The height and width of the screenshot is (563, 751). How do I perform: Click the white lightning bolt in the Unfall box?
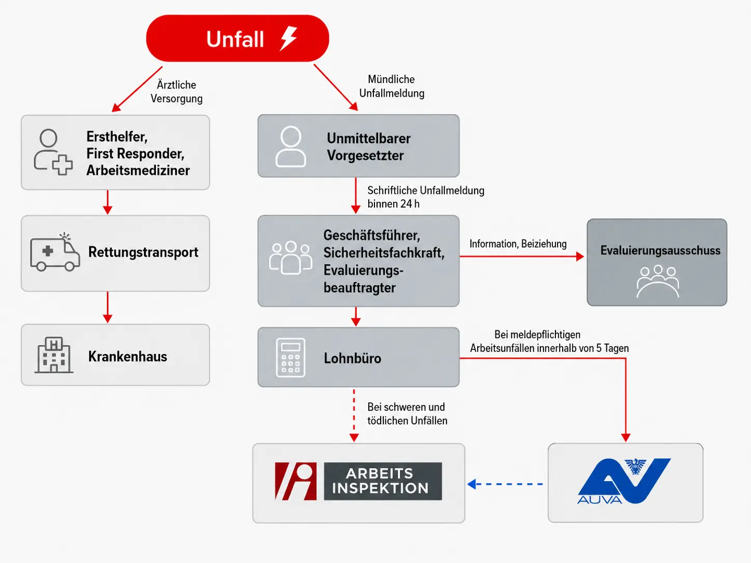click(288, 38)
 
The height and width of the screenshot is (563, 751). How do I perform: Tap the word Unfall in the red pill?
click(235, 39)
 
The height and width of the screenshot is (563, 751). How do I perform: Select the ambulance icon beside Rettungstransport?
click(55, 252)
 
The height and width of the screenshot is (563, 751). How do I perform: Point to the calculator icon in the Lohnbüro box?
click(290, 358)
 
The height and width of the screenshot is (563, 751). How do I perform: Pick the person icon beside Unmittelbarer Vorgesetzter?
click(290, 147)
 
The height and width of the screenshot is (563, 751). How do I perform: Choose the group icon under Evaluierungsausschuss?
click(658, 281)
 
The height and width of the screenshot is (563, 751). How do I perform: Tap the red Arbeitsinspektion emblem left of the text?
click(296, 481)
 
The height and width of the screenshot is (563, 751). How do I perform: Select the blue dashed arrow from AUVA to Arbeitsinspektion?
click(505, 484)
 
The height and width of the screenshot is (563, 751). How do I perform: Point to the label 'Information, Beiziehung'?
click(518, 244)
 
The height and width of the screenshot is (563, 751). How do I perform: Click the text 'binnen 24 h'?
click(394, 204)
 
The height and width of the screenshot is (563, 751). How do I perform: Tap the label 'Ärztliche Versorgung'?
click(176, 92)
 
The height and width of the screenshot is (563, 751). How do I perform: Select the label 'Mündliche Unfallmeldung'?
click(392, 86)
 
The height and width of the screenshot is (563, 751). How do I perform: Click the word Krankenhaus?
click(128, 357)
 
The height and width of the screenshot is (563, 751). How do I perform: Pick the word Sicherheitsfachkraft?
click(384, 253)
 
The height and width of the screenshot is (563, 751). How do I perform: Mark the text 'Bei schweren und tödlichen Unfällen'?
click(407, 414)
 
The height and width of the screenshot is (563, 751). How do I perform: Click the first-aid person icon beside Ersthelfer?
click(53, 152)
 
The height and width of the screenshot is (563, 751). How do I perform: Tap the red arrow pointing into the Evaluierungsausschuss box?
click(522, 256)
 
